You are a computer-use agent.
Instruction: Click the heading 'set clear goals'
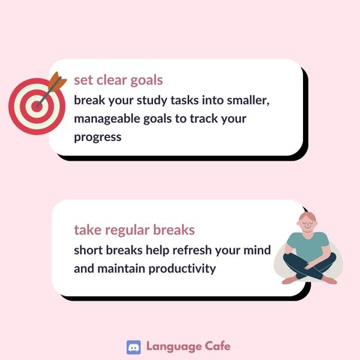point(118,81)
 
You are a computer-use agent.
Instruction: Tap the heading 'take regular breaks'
point(134,230)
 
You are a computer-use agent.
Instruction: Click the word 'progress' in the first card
point(97,138)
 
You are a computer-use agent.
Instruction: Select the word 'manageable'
point(106,119)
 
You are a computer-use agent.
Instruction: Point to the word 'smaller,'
point(248,100)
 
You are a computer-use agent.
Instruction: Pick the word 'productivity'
point(182,269)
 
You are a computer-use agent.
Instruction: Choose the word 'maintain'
point(121,268)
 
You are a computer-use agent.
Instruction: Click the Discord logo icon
point(133,347)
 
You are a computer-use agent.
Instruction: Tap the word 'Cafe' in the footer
point(217,346)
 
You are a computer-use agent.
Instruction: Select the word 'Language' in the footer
point(174,347)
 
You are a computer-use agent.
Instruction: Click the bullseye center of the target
point(37,106)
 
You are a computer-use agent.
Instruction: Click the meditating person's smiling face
point(307,223)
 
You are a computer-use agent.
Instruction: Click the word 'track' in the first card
point(203,119)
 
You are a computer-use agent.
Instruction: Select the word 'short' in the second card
point(88,250)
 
